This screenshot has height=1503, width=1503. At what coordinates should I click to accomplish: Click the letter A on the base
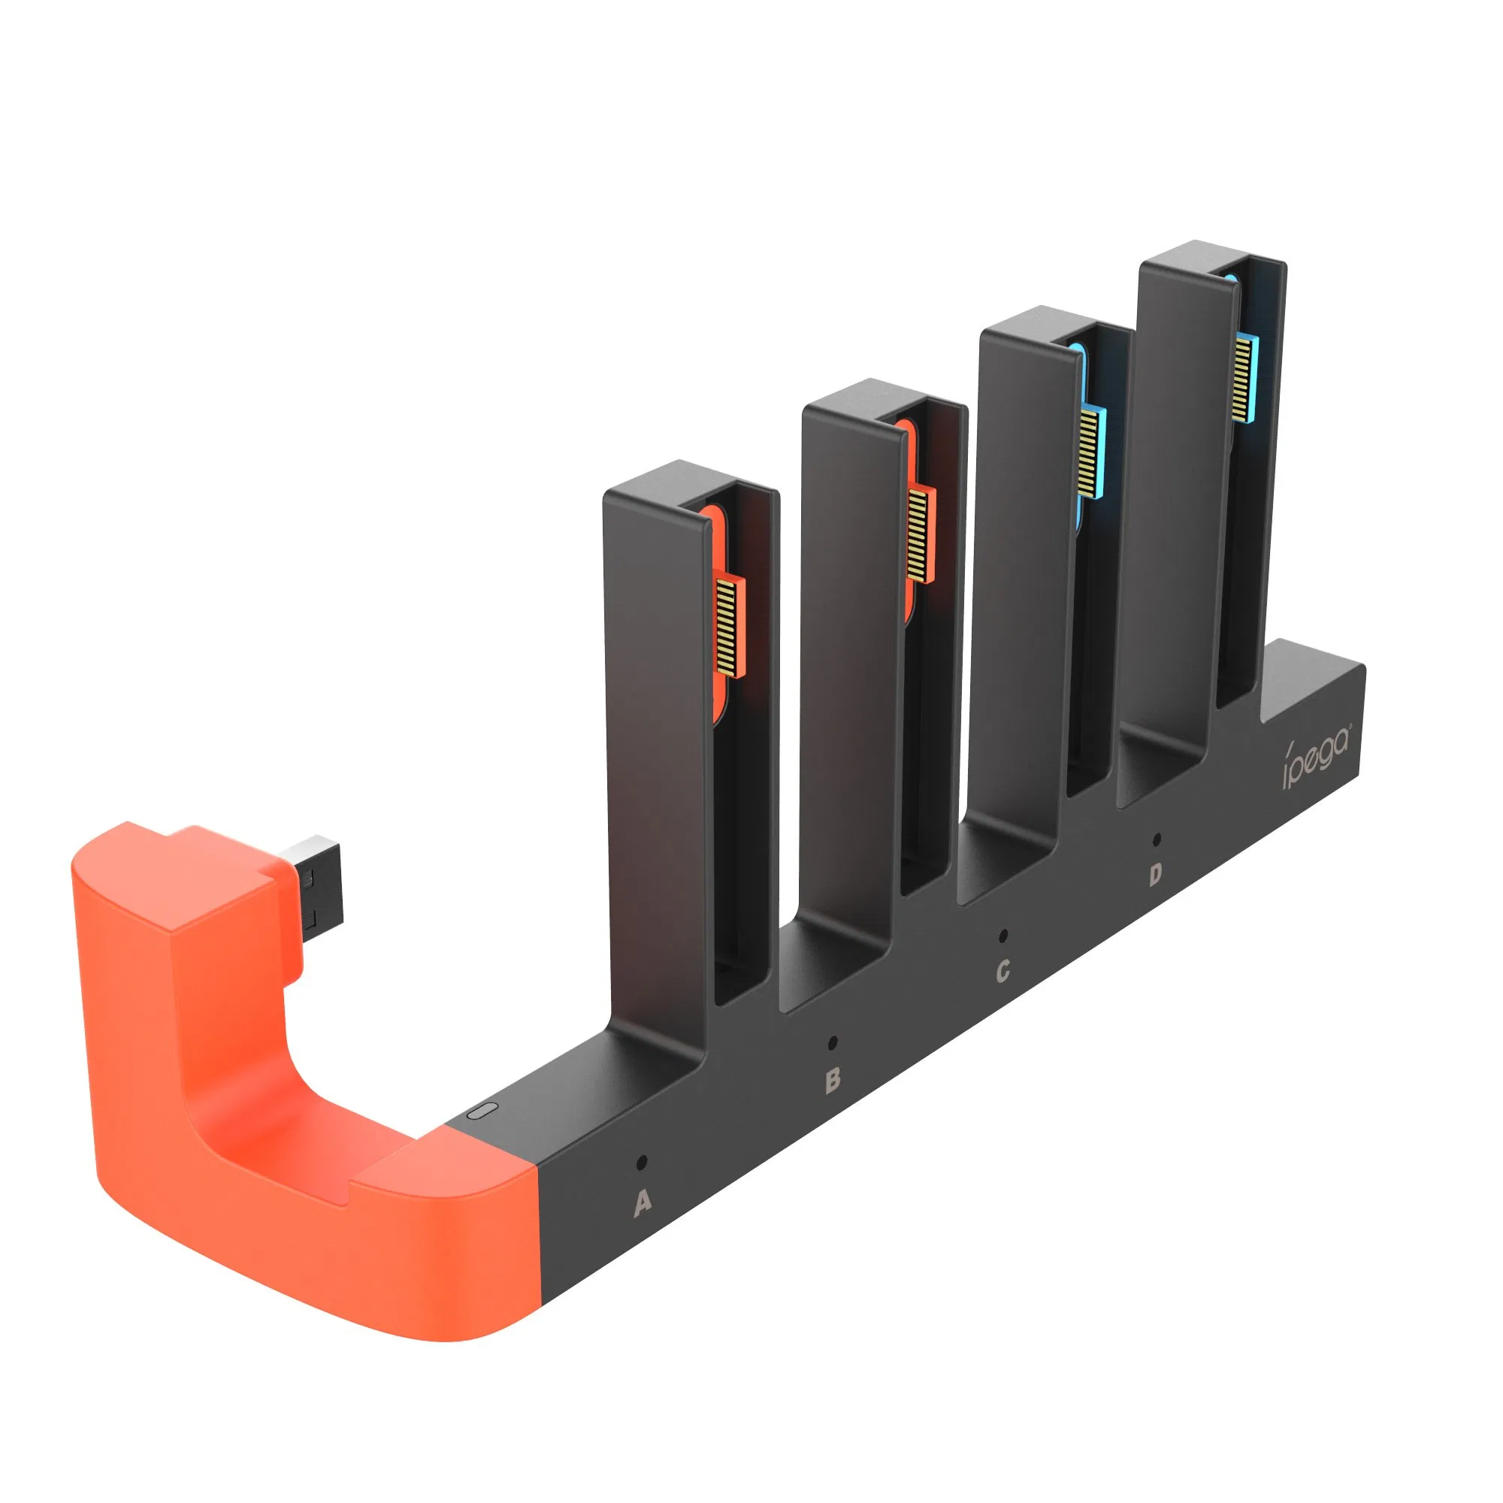[642, 1202]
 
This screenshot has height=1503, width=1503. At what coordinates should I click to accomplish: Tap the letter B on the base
[833, 1080]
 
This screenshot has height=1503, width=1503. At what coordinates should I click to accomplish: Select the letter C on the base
[1003, 971]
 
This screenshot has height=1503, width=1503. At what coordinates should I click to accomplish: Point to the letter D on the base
[1155, 875]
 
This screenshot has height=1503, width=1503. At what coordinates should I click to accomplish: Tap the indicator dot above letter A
[641, 1163]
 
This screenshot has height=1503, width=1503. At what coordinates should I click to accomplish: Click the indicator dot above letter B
[833, 1042]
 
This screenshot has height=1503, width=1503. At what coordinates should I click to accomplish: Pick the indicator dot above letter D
[1157, 839]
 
